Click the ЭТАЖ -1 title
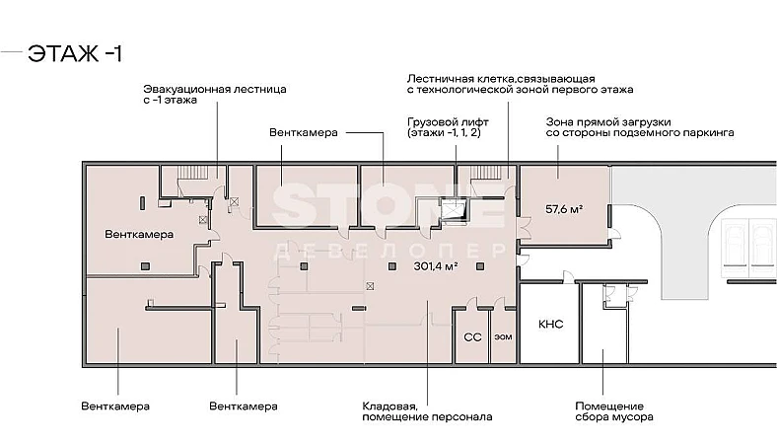pyautogui.click(x=74, y=52)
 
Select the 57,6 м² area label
pyautogui.click(x=564, y=209)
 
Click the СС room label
pyautogui.click(x=472, y=336)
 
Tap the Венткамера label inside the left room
pyautogui.click(x=140, y=235)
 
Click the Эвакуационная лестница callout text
pyautogui.click(x=214, y=95)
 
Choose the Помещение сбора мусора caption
pyautogui.click(x=611, y=411)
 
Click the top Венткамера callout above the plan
pyautogui.click(x=304, y=132)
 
